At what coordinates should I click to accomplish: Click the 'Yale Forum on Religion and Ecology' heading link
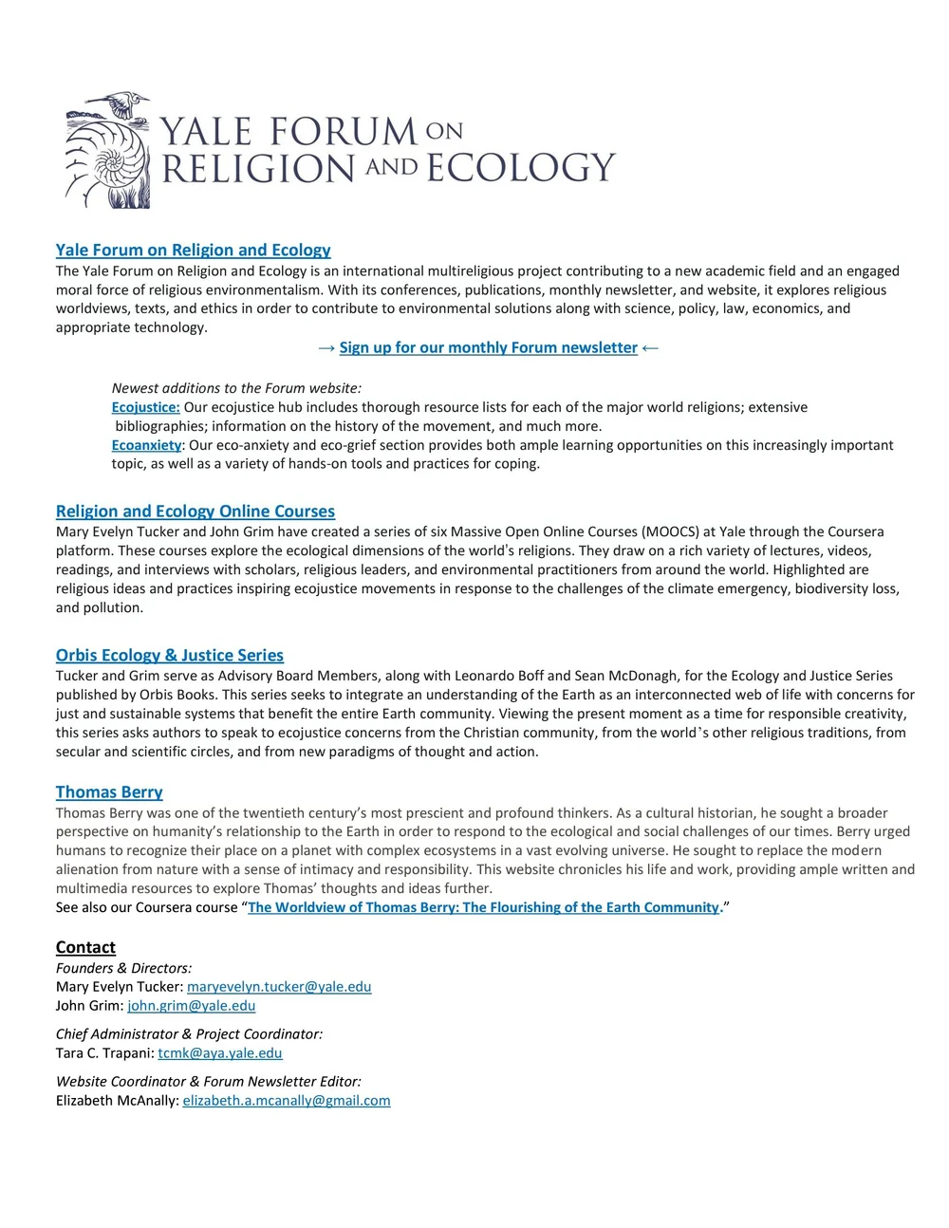(x=193, y=251)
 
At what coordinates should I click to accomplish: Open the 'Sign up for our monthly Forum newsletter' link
(x=488, y=347)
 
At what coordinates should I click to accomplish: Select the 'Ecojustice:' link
(x=145, y=407)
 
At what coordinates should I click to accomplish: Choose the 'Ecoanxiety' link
(x=146, y=445)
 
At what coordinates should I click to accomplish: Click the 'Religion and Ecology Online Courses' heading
(x=195, y=512)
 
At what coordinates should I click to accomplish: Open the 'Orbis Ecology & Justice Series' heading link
(x=169, y=655)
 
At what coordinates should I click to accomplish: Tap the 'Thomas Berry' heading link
(x=109, y=792)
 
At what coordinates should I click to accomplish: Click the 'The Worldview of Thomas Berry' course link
(x=483, y=907)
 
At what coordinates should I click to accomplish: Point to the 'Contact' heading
(x=85, y=947)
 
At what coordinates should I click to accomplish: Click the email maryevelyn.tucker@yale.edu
(x=279, y=987)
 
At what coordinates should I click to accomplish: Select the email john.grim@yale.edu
(x=191, y=1006)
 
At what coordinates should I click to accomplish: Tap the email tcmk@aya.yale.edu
(x=219, y=1053)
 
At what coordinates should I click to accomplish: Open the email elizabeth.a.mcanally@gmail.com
(x=286, y=1101)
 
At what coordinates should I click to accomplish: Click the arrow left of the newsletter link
(x=326, y=348)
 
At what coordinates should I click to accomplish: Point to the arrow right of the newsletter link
(x=650, y=348)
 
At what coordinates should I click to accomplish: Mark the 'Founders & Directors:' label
(x=123, y=968)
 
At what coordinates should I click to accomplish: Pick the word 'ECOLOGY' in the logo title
(x=520, y=168)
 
